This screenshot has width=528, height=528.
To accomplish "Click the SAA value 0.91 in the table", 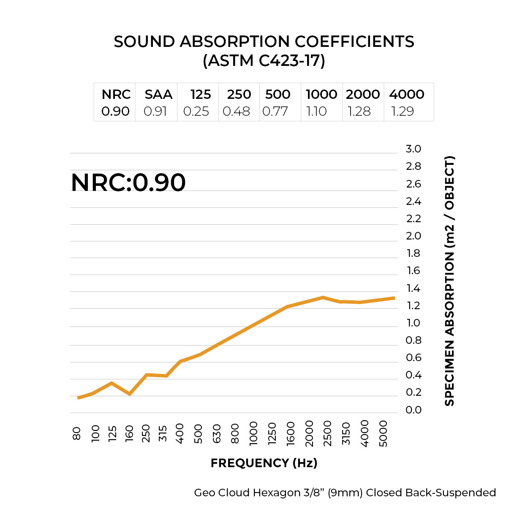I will coord(155,111).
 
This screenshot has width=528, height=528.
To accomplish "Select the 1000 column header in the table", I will coord(321,94).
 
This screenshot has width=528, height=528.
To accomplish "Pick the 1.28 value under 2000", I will coord(359,111).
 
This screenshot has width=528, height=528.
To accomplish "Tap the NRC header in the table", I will coord(116,94).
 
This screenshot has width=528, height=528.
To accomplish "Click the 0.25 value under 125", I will coord(196,111).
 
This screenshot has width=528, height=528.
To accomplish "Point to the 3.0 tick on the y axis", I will coord(413,149).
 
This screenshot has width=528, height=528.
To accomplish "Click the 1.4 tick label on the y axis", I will coord(413,288).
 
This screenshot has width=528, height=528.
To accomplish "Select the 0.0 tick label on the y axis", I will coord(413,410).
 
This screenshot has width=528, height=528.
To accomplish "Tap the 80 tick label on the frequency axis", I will coord(77,433).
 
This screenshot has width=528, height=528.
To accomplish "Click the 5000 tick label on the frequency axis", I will coord(383,433).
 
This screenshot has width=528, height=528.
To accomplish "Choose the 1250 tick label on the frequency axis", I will coord(272,433).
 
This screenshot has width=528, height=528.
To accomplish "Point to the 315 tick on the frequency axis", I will coord(163,433).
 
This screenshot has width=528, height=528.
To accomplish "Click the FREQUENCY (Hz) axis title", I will coord(264,463).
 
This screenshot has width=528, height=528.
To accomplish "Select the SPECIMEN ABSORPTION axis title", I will coord(449,281).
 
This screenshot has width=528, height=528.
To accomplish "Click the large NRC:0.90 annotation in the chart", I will coord(128,182).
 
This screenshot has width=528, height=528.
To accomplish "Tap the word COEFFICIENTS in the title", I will coord(354,42).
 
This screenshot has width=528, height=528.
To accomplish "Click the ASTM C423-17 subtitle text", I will coord(264,61).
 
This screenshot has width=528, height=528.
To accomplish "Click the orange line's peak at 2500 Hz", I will coord(323,297).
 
